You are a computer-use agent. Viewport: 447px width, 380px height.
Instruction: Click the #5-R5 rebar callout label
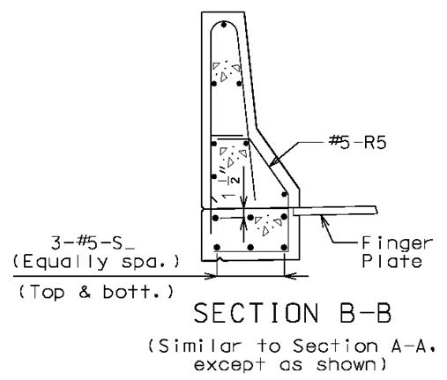click(357, 143)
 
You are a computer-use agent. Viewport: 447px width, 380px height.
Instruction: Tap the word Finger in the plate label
click(397, 243)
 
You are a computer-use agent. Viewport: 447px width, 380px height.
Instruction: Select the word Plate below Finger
click(392, 261)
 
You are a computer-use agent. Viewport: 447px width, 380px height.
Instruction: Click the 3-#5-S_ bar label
click(93, 243)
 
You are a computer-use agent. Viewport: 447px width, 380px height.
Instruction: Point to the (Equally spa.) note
click(96, 263)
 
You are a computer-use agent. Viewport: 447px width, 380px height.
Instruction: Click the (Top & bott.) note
click(96, 292)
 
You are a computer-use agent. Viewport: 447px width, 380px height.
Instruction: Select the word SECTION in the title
click(256, 313)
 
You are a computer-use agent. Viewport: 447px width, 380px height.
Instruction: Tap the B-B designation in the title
click(365, 313)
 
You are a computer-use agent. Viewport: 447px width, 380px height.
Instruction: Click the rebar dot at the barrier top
click(224, 25)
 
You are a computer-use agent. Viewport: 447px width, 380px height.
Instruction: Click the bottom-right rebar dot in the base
click(284, 248)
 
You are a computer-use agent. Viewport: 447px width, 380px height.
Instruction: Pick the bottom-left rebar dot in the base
click(217, 248)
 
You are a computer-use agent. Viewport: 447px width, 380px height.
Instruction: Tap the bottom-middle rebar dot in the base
click(250, 248)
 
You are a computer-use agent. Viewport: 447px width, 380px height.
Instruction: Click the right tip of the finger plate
click(376, 210)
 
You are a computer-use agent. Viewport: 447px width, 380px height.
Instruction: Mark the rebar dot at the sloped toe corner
click(284, 194)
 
